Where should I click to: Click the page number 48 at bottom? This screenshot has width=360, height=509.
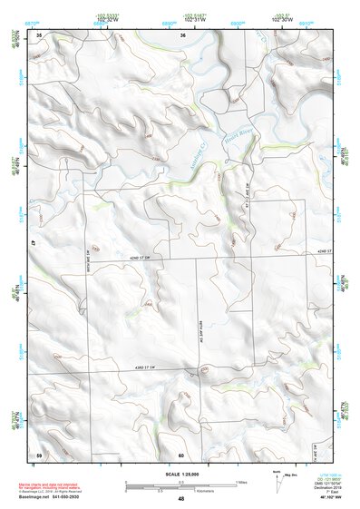click(181, 499)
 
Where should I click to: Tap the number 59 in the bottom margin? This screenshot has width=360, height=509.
click(39, 455)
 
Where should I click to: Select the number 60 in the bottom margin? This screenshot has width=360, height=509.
click(181, 455)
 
